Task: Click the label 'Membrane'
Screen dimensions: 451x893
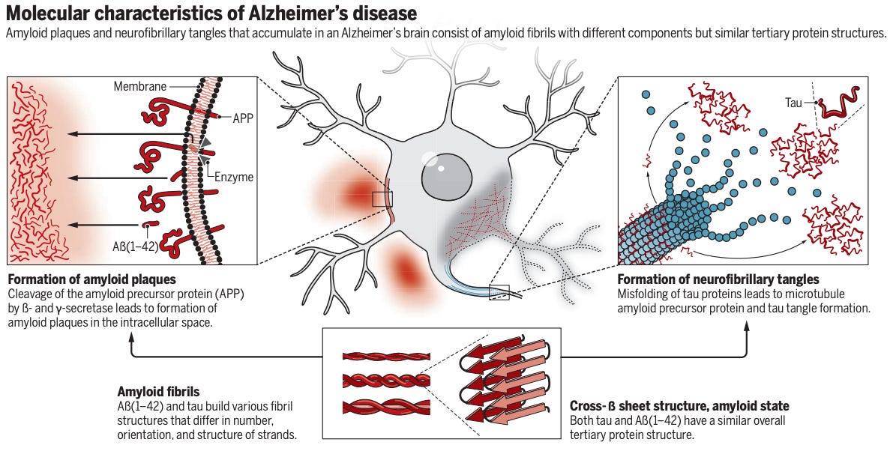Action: coord(140,87)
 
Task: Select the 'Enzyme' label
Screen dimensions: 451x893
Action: coord(234,178)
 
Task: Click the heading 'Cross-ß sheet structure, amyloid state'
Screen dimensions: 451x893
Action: coord(679,406)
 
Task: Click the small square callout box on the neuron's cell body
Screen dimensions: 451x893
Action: coord(382,199)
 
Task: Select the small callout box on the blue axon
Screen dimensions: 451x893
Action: coord(499,292)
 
